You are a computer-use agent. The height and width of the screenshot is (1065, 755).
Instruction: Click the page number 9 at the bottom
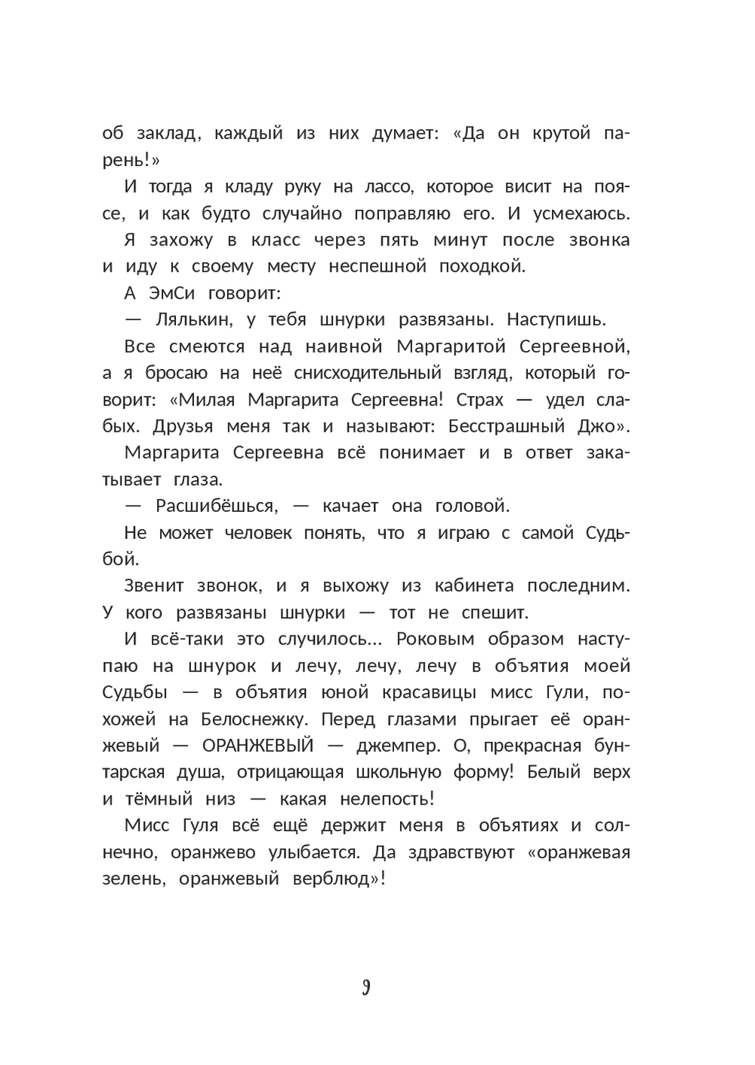click(366, 987)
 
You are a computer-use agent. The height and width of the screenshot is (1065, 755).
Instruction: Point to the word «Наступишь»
click(556, 319)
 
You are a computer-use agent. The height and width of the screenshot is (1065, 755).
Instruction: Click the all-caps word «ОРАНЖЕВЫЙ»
click(258, 746)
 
